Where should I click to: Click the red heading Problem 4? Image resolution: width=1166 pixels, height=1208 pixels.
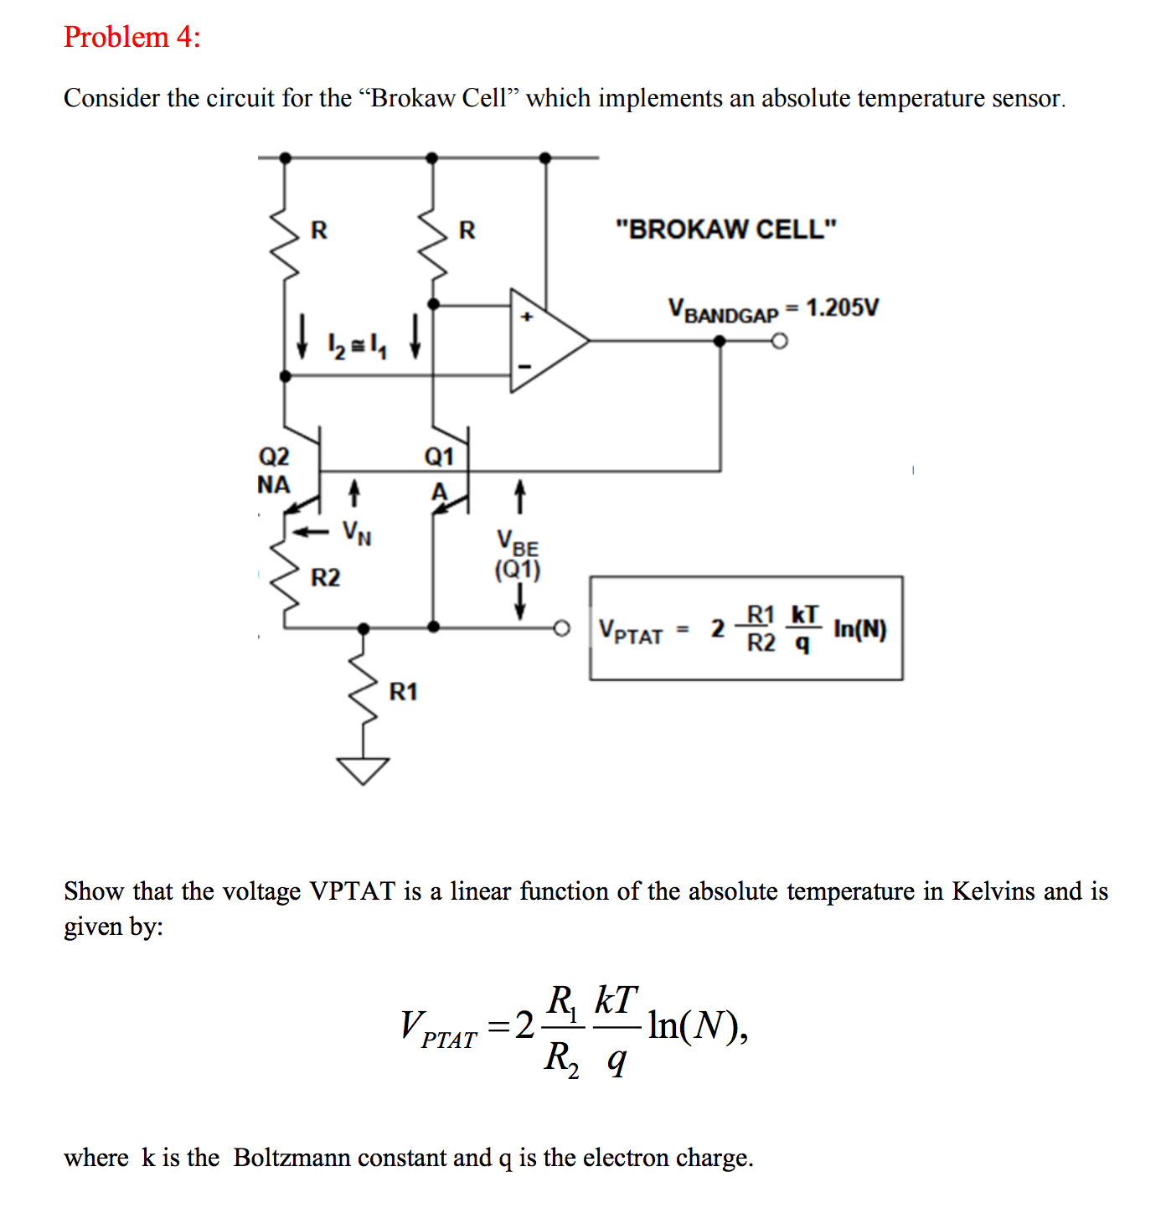(132, 37)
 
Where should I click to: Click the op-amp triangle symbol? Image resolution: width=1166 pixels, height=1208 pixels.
(544, 341)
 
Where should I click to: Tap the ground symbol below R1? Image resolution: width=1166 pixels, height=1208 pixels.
(363, 769)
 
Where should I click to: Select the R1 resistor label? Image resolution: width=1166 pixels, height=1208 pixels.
(403, 692)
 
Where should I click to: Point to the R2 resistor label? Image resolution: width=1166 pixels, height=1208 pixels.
(325, 577)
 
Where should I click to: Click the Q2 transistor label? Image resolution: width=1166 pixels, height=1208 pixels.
(274, 457)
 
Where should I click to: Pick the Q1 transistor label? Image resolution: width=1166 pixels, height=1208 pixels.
(439, 457)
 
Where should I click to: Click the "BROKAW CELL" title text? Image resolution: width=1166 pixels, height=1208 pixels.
(725, 229)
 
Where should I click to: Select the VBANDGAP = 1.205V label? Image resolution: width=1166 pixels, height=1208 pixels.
(773, 309)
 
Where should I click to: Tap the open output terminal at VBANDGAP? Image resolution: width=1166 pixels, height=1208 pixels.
(780, 341)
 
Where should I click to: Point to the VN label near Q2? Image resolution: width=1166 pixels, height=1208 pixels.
(357, 532)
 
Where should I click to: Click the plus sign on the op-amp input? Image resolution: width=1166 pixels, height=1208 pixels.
(527, 317)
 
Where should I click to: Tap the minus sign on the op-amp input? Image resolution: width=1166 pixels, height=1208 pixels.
(525, 366)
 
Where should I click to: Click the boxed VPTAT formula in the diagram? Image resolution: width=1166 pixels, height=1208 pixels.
(746, 628)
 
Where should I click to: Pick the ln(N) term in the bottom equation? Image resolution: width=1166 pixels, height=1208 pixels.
(696, 1025)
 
